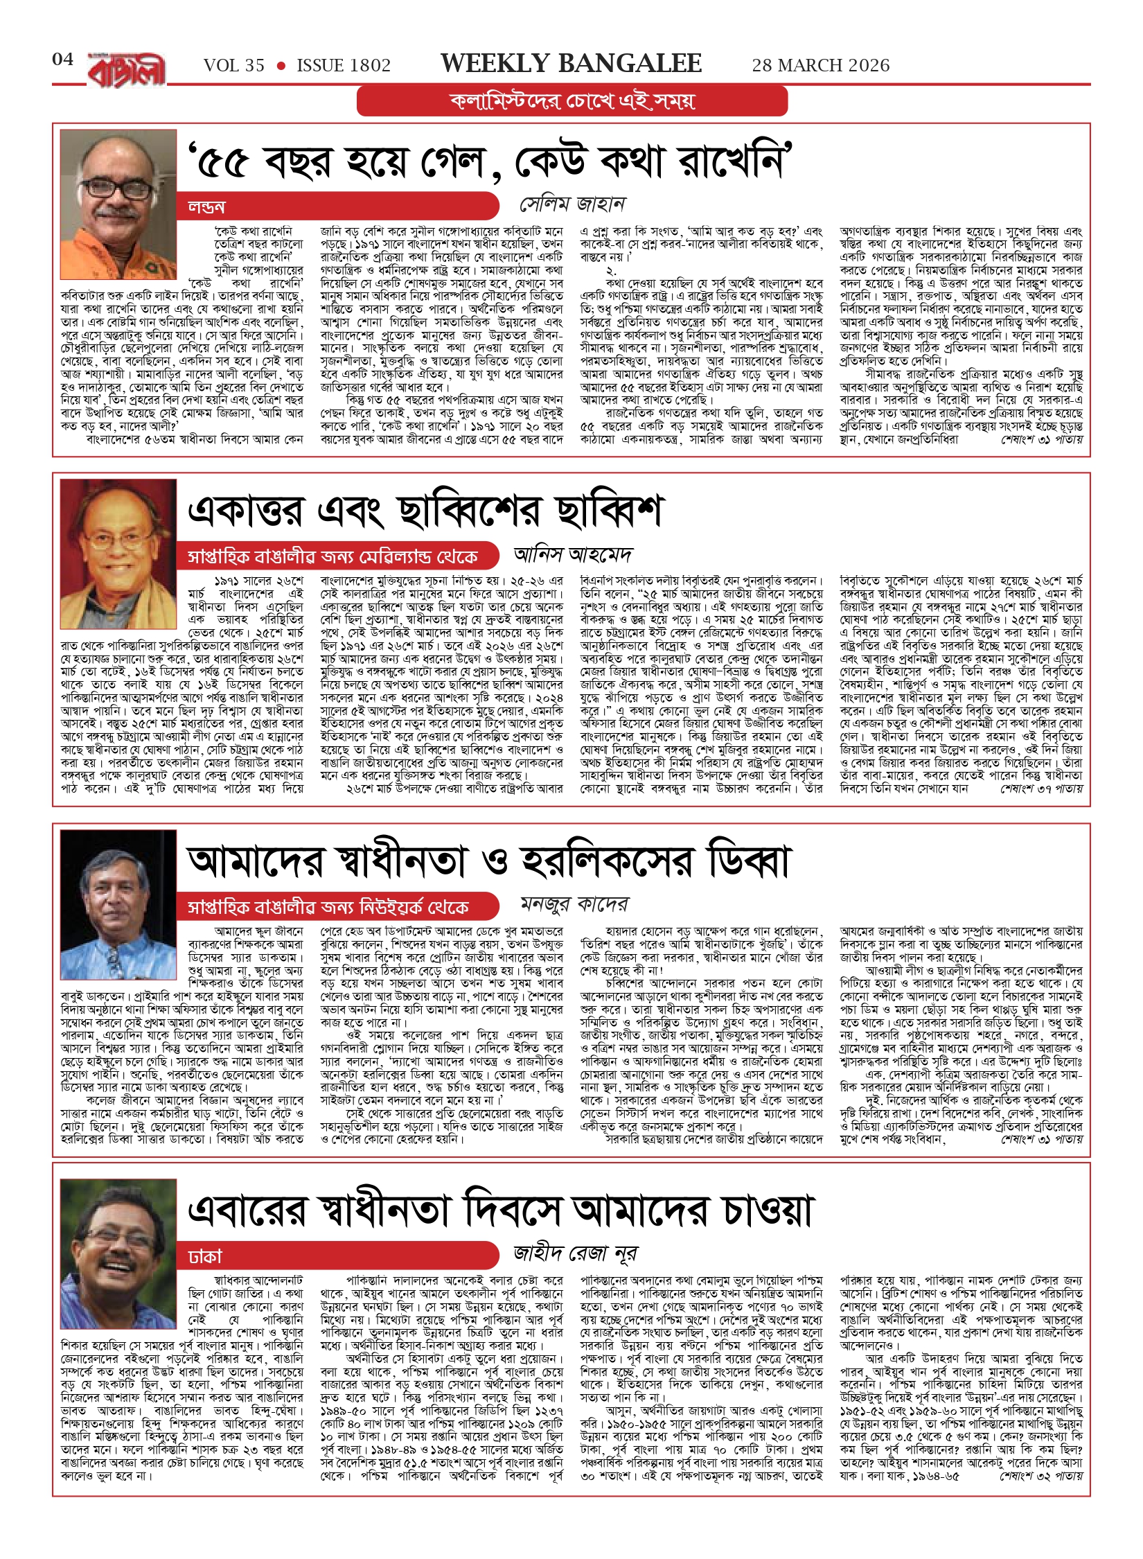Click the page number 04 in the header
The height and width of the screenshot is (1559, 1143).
pyautogui.click(x=62, y=60)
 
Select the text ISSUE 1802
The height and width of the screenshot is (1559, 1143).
pyautogui.click(x=344, y=66)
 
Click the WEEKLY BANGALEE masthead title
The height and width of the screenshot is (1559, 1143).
pyautogui.click(x=571, y=64)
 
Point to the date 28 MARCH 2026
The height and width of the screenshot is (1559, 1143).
pyautogui.click(x=821, y=66)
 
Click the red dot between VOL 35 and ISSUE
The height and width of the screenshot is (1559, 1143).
pyautogui.click(x=281, y=67)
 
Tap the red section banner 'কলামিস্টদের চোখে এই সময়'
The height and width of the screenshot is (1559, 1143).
pyautogui.click(x=572, y=101)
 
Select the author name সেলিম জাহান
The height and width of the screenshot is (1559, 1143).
pyautogui.click(x=573, y=204)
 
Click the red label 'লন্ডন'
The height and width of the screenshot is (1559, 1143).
pyautogui.click(x=206, y=207)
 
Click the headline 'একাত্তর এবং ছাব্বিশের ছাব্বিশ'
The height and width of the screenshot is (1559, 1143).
pyautogui.click(x=426, y=511)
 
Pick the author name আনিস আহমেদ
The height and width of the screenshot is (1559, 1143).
pyautogui.click(x=573, y=555)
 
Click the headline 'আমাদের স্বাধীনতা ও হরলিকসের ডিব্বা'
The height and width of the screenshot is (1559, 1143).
pyautogui.click(x=488, y=861)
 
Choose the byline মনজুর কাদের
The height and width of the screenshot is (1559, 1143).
pyautogui.click(x=574, y=904)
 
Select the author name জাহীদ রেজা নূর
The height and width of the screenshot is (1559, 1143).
pyautogui.click(x=575, y=1253)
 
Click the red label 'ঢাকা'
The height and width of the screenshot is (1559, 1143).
pyautogui.click(x=205, y=1256)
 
